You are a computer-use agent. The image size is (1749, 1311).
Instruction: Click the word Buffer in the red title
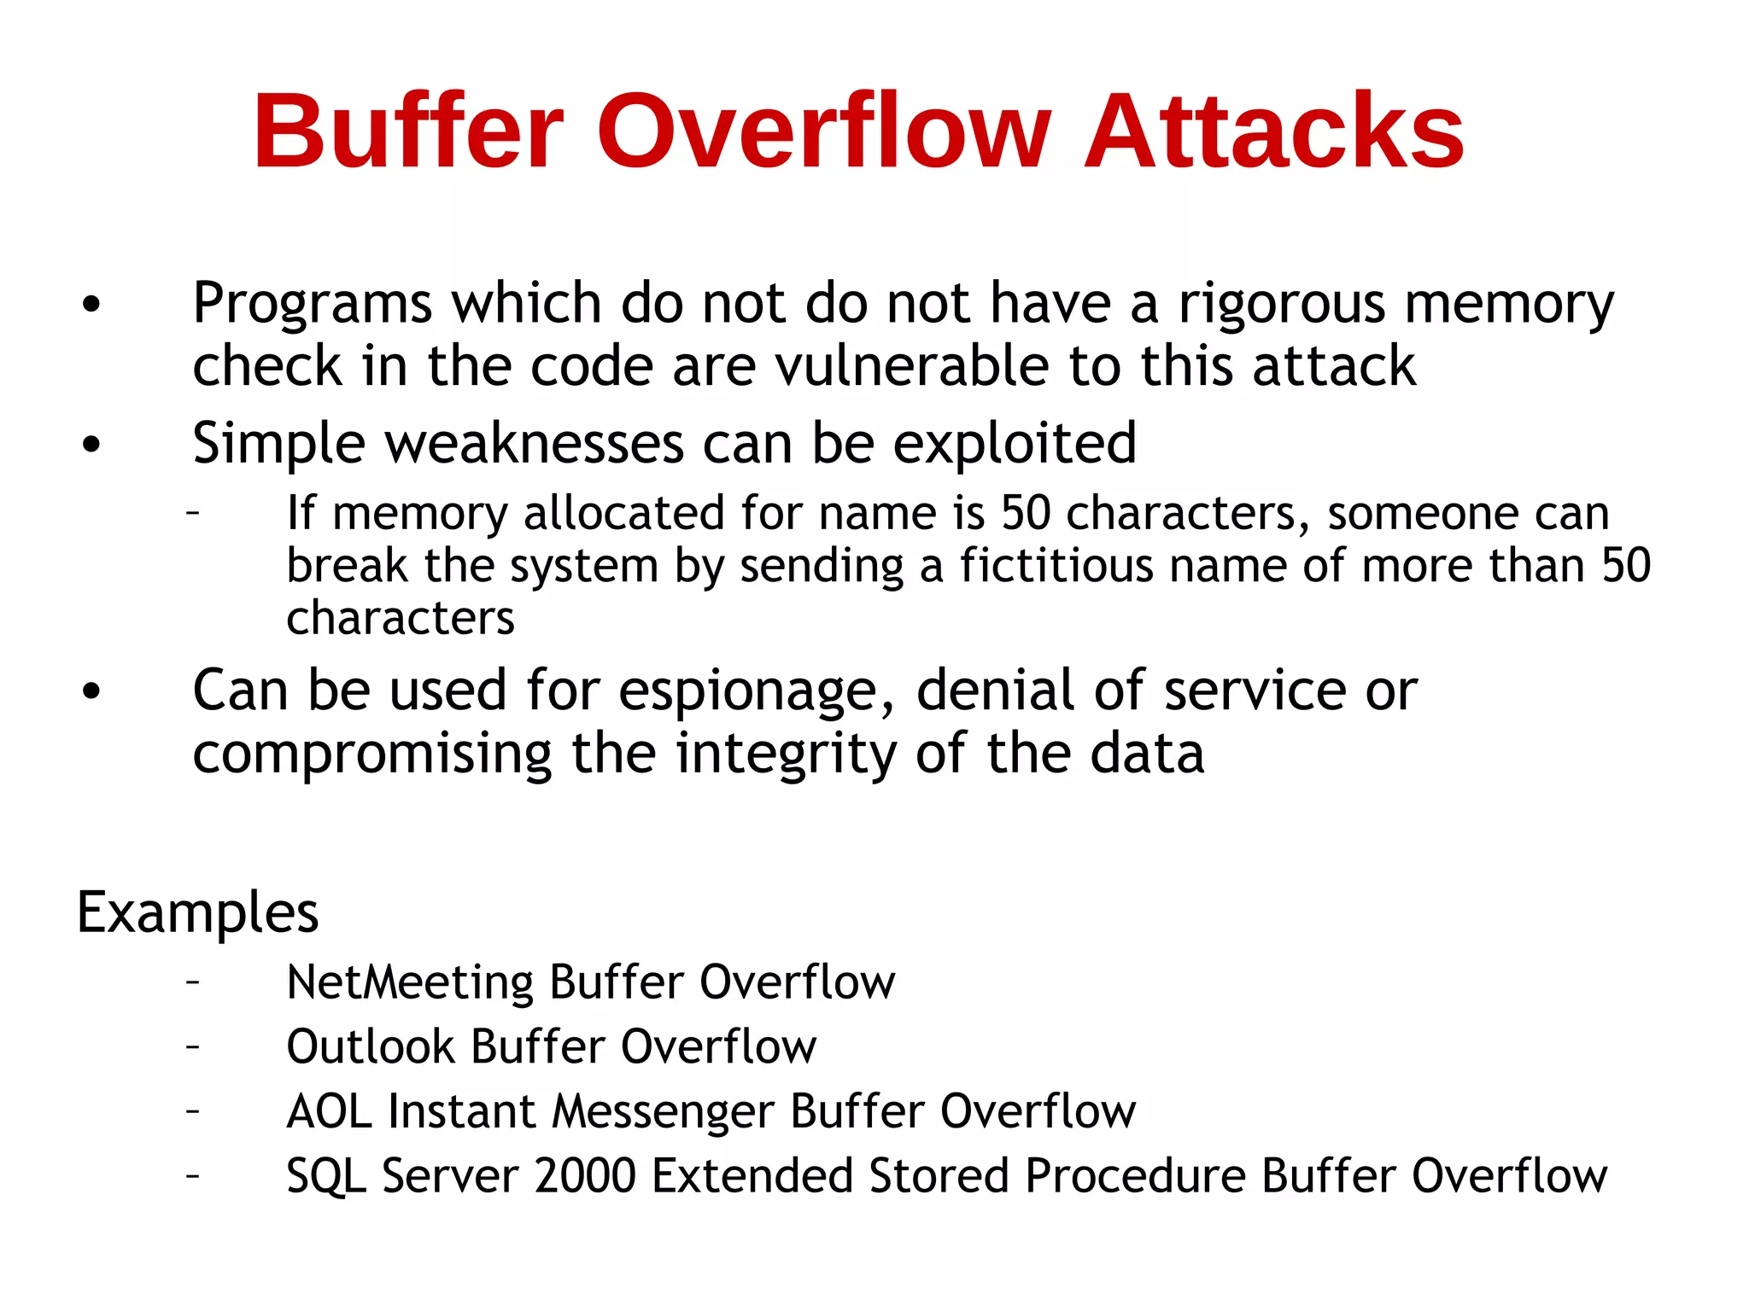[408, 132]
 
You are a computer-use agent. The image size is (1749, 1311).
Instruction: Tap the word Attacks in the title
[1274, 132]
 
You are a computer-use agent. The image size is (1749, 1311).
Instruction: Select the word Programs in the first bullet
[313, 305]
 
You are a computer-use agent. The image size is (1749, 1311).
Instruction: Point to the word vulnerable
[913, 366]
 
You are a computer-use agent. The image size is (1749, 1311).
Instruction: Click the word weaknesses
[535, 444]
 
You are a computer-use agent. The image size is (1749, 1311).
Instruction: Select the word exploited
[1015, 444]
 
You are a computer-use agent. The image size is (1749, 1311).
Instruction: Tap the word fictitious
[1056, 566]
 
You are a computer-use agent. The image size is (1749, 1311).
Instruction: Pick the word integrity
[786, 754]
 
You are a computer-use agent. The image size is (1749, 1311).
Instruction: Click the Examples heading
[197, 912]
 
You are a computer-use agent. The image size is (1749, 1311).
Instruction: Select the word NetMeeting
[410, 982]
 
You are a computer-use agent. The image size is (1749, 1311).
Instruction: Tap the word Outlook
[371, 1047]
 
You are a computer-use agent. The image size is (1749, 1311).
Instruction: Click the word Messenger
[663, 1112]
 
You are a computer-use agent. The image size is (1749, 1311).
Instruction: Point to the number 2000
[585, 1176]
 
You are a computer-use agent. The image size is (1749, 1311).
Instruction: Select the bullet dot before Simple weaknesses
[91, 445]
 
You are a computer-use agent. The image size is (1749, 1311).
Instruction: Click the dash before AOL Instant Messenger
[194, 1110]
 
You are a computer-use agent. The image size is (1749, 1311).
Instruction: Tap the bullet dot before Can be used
[91, 692]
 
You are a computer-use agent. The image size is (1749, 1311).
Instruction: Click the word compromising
[372, 754]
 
